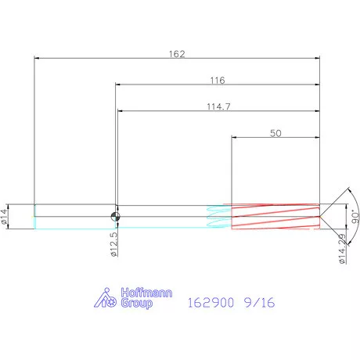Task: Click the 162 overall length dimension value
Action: [x=177, y=53]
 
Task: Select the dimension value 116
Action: [x=218, y=80]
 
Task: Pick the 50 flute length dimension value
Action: [x=275, y=133]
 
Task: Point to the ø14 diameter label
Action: [x=5, y=217]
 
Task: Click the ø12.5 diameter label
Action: [x=114, y=243]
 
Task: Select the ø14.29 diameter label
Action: [x=342, y=248]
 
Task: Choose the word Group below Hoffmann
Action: [x=136, y=304]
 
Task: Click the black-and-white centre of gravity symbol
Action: [x=115, y=217]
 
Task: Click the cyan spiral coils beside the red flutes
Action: [x=214, y=217]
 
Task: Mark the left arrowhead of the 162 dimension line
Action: [x=38, y=59]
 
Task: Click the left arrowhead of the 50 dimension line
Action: [x=235, y=139]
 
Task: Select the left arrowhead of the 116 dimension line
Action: [x=119, y=85]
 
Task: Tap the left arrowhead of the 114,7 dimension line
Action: [x=121, y=112]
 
